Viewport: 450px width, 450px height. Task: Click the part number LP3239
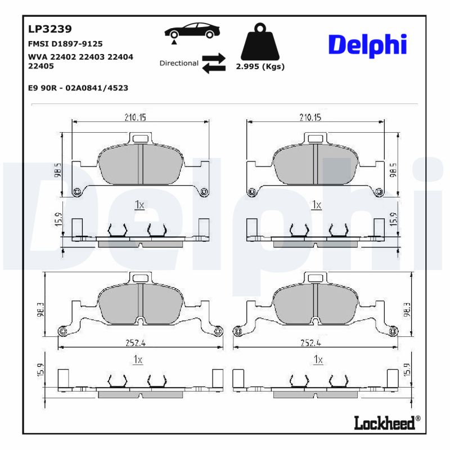click(50, 29)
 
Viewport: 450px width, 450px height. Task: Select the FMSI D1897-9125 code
click(65, 43)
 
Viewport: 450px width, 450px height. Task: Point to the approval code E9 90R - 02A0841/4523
click(78, 88)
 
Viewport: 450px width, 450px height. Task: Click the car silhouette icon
click(192, 31)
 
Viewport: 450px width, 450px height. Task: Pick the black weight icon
click(259, 42)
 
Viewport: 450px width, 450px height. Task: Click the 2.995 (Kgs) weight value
click(260, 66)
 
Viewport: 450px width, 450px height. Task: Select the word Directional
click(179, 63)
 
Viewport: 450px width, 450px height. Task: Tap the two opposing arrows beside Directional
click(214, 64)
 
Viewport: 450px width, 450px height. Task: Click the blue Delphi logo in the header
click(367, 44)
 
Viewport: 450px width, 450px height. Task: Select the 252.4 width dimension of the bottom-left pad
click(136, 342)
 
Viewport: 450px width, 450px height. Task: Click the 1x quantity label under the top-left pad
click(139, 205)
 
